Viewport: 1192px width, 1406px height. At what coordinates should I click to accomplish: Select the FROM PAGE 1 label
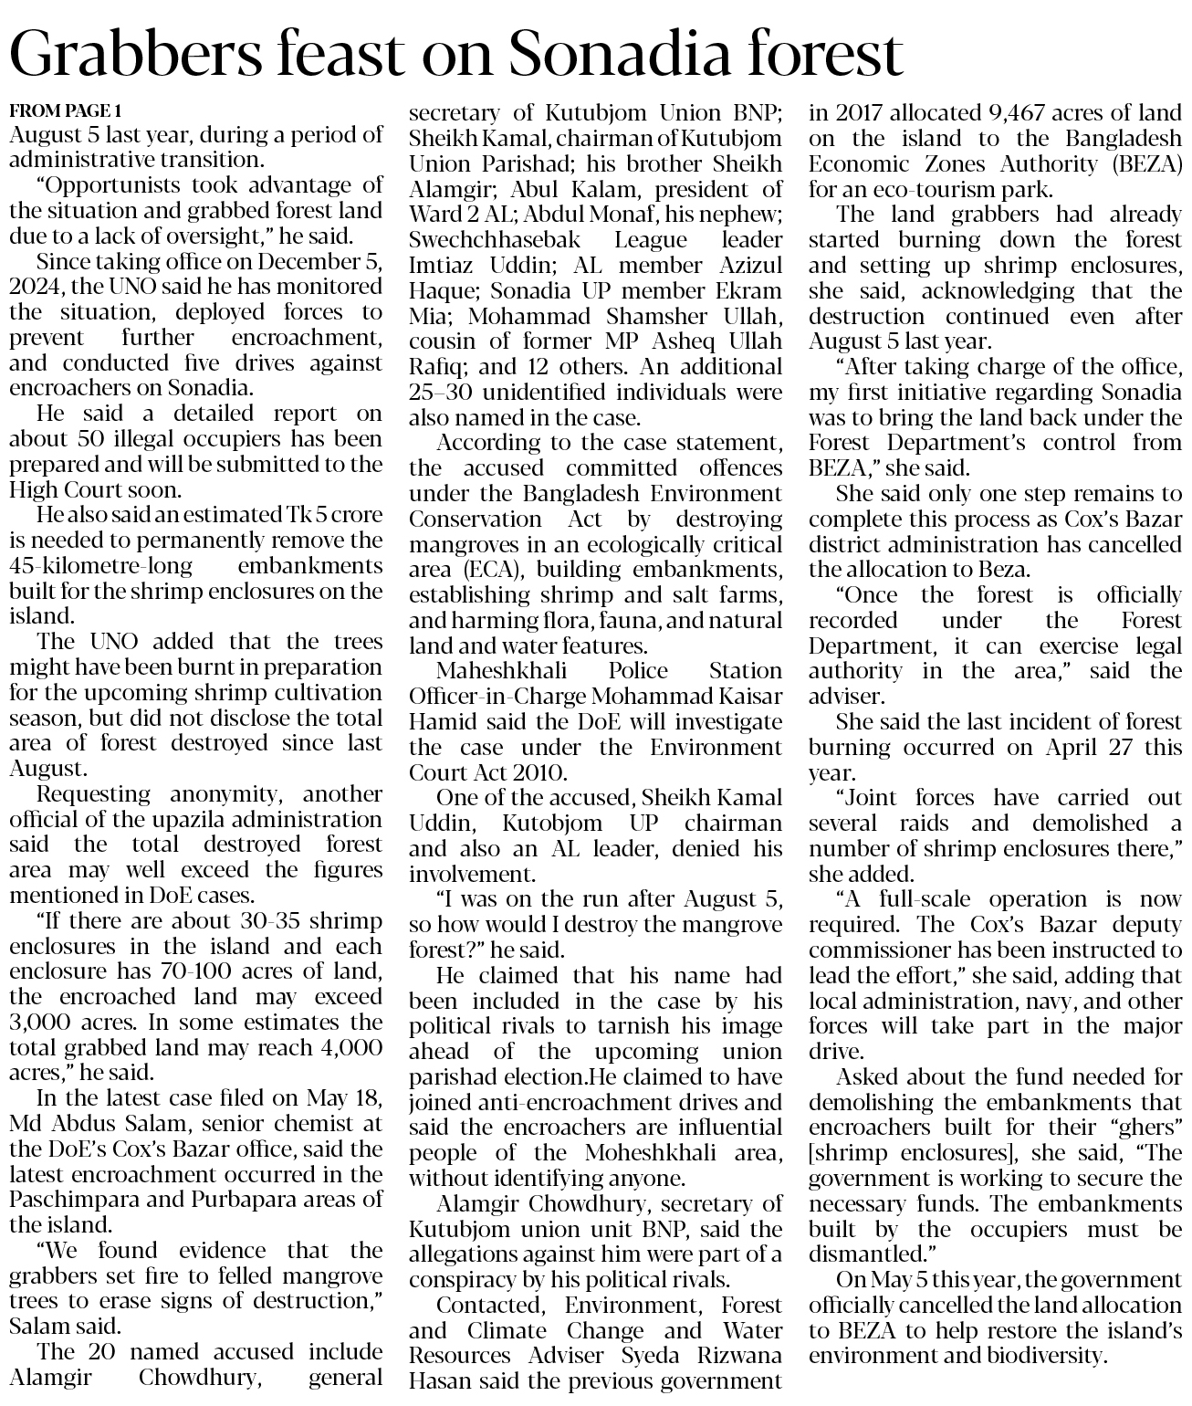[x=65, y=111]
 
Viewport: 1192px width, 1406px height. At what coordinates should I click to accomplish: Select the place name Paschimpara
[x=71, y=1199]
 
